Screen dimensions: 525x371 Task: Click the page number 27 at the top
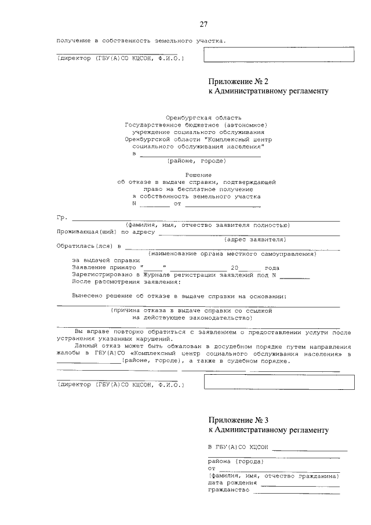203,24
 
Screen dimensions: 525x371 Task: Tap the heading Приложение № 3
239,419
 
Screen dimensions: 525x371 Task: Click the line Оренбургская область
199,118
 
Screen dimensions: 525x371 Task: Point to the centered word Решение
198,175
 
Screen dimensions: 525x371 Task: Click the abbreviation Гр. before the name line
62,219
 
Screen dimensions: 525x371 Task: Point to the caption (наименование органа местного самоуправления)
232,254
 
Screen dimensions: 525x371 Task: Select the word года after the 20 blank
272,267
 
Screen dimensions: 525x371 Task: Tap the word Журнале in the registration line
153,274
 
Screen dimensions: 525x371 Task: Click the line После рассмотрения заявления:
126,281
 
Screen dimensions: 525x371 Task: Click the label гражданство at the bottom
228,490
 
